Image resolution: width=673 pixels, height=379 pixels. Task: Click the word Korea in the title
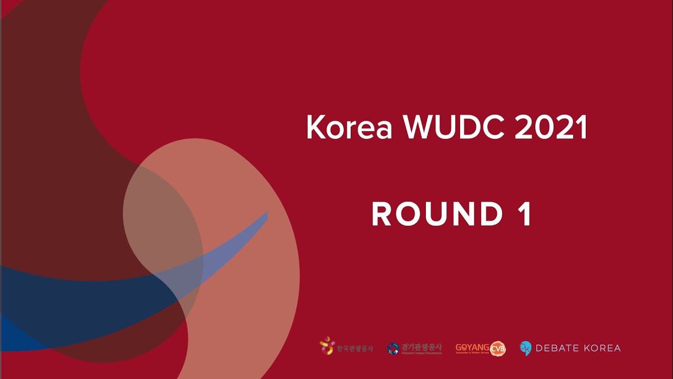349,128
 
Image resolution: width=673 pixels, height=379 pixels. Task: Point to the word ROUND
437,214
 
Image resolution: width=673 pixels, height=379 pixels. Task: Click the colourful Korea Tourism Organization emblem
327,346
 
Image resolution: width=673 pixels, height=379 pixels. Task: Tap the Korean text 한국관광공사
354,348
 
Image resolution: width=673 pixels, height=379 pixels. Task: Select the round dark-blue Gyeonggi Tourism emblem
393,348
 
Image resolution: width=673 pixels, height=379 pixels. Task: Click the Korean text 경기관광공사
421,347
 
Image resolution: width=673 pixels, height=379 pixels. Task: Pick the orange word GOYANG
472,347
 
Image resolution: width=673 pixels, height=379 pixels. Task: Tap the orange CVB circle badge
497,348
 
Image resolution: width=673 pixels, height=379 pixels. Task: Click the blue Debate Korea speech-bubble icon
525,348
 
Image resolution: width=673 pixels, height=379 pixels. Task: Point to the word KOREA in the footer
603,348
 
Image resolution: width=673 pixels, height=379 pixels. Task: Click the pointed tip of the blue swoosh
266,213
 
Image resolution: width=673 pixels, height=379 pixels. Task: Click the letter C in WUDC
492,128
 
